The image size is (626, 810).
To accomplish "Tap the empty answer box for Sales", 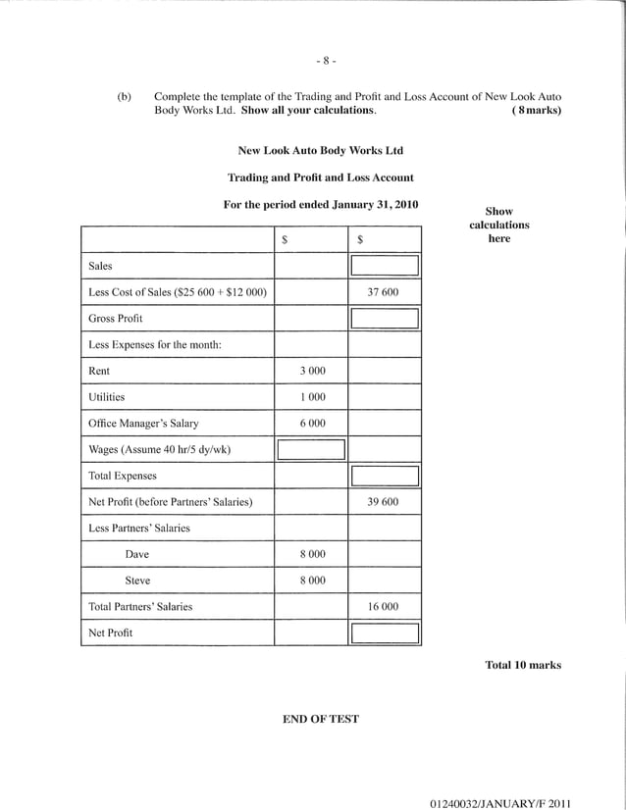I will [385, 266].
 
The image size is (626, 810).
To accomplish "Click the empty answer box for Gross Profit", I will [385, 319].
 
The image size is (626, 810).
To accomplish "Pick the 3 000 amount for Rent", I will [311, 372].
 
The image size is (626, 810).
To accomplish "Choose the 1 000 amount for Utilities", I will [311, 397].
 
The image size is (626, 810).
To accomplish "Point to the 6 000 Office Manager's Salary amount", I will [311, 424].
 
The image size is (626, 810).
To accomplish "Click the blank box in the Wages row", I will [311, 450].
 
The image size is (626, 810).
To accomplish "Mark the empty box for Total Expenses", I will [385, 477].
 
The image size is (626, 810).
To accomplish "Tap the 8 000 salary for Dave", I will [311, 554].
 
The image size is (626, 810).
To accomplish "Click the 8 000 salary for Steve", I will [311, 581].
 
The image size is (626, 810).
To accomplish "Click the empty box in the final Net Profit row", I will [385, 633].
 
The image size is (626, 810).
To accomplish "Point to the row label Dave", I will [137, 554].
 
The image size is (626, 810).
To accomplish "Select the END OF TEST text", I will [321, 719].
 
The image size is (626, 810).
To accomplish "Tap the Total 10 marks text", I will [523, 665].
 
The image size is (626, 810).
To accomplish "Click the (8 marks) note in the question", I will [536, 111].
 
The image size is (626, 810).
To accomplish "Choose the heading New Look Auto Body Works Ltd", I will [321, 151].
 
